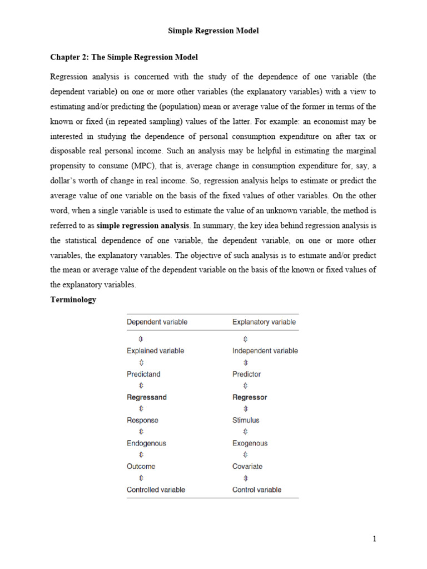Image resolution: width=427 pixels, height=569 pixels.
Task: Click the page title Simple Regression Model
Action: click(x=213, y=31)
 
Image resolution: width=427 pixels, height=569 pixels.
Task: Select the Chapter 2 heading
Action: click(x=124, y=57)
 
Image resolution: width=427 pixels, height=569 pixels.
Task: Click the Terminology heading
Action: click(x=73, y=300)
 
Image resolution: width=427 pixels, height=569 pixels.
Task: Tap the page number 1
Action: click(x=375, y=539)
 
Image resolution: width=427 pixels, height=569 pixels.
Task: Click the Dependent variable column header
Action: click(x=157, y=322)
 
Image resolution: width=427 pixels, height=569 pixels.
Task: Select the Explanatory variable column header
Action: click(x=264, y=322)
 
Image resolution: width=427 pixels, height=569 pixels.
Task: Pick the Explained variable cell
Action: click(x=155, y=351)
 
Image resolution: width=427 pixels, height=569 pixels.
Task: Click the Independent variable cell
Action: click(x=265, y=351)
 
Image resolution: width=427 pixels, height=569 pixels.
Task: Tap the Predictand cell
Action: click(x=143, y=374)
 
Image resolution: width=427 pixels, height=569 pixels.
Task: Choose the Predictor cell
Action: click(x=246, y=374)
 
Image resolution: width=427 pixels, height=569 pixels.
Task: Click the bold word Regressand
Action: click(x=147, y=397)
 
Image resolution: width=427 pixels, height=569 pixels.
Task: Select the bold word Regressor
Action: click(x=250, y=397)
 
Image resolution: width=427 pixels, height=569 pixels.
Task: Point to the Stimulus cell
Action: click(x=246, y=420)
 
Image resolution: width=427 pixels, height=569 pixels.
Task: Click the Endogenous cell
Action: click(x=146, y=443)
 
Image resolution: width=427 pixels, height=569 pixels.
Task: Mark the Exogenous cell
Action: click(x=250, y=443)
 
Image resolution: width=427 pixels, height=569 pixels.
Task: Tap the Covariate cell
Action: click(x=247, y=466)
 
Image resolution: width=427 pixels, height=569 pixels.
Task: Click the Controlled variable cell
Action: click(x=156, y=490)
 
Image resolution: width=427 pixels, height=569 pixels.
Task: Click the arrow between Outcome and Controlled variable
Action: click(x=141, y=478)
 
